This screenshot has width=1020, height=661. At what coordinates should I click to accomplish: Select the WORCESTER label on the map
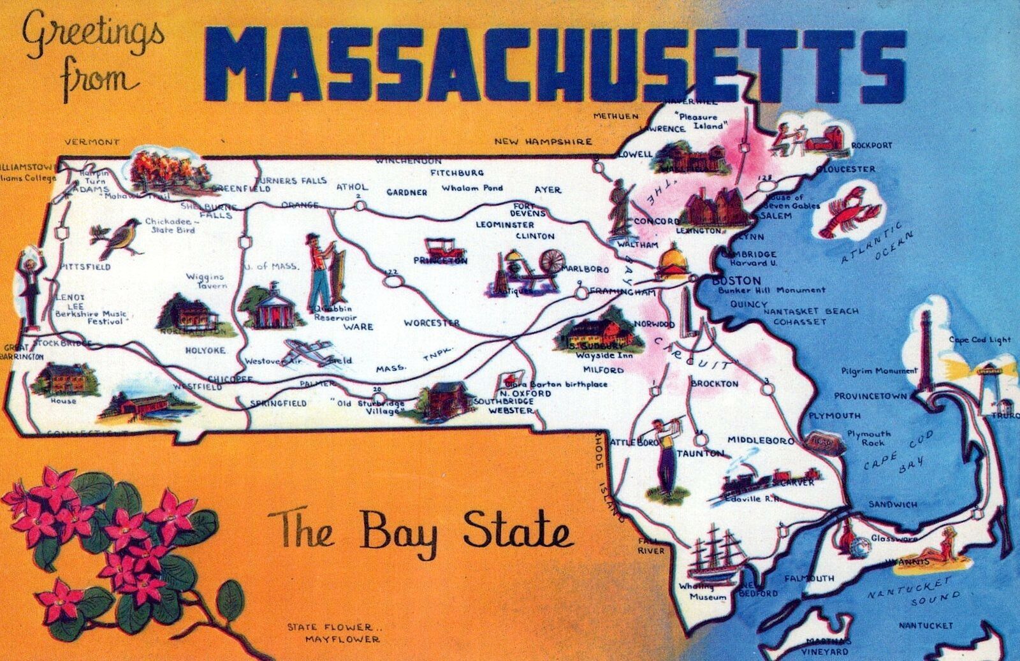[x=432, y=323]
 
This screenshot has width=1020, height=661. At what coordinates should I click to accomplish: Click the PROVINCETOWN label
[x=871, y=396]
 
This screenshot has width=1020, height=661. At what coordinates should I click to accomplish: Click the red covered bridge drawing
[x=143, y=404]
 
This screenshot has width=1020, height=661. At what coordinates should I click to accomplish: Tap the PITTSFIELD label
[x=86, y=266]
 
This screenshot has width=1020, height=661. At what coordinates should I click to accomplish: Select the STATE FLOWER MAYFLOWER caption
[x=333, y=633]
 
